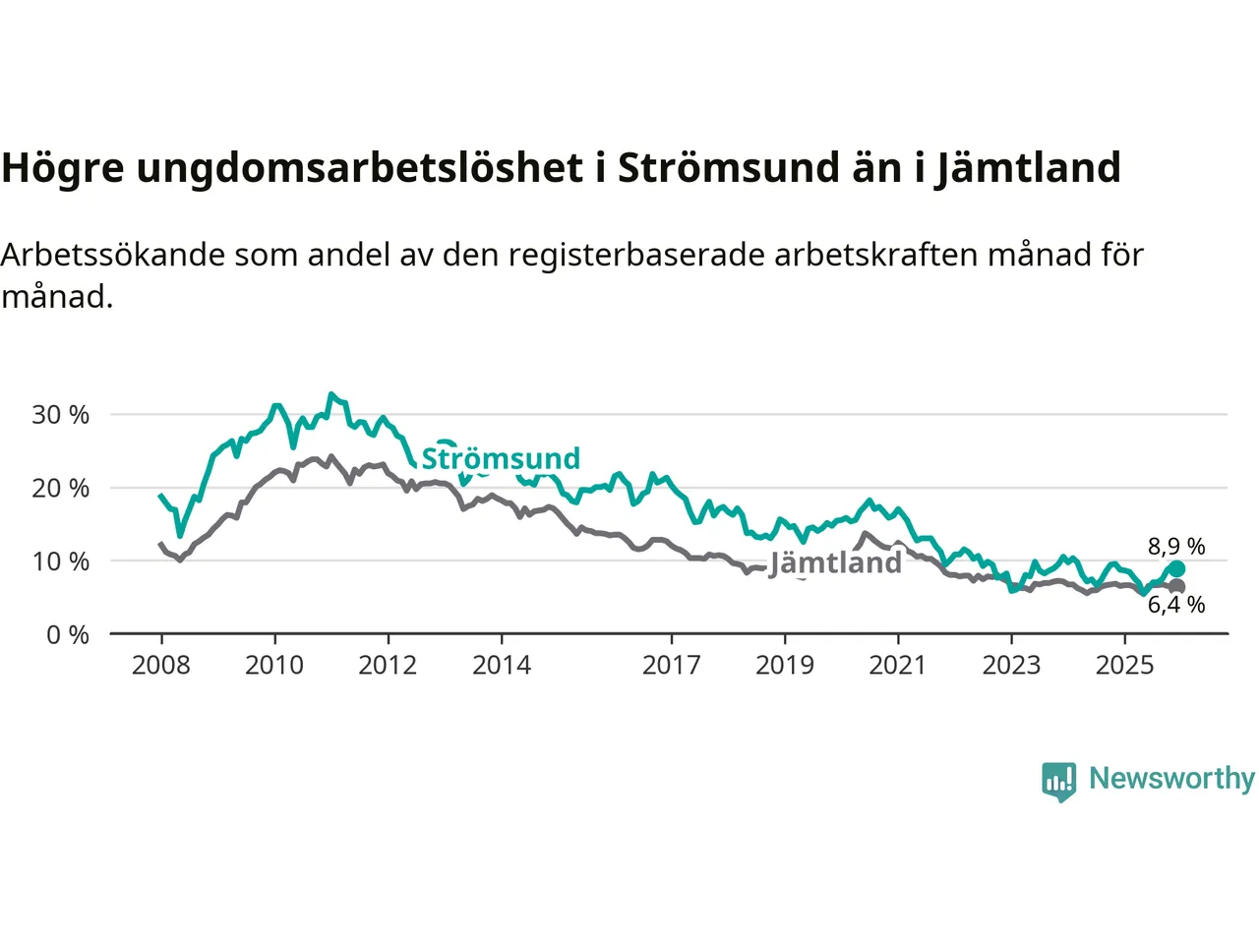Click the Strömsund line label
[x=501, y=458]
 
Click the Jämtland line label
[x=835, y=562]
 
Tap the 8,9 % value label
[x=1176, y=547]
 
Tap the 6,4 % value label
[x=1176, y=605]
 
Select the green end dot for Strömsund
[x=1176, y=569]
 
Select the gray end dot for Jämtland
[x=1176, y=586]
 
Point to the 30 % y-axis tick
[x=61, y=415]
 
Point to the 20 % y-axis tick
[x=61, y=488]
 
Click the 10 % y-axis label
[x=61, y=561]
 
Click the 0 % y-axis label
[x=68, y=635]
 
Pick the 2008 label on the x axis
[x=161, y=666]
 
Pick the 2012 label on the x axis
[x=388, y=666]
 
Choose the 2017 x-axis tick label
[x=672, y=666]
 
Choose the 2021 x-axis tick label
[x=898, y=666]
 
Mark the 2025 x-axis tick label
[x=1125, y=666]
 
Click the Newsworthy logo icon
[x=1059, y=781]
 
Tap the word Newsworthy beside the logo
[x=1171, y=779]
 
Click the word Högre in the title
[x=63, y=168]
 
